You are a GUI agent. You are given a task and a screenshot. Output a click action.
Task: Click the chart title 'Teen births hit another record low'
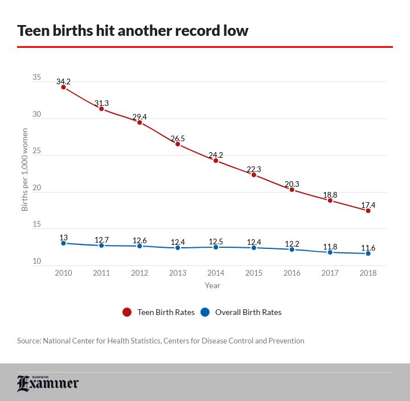(133, 30)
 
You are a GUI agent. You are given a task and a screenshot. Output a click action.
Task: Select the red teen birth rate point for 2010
(63, 87)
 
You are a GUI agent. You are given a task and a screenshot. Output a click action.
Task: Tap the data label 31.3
(101, 103)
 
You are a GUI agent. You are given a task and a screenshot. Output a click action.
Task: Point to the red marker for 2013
(178, 144)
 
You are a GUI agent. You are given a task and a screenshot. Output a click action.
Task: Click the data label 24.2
(216, 155)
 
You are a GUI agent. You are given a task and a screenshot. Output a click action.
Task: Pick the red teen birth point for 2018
(368, 211)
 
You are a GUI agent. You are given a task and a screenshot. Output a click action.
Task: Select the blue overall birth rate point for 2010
(63, 243)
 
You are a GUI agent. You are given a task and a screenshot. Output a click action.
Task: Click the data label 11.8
(330, 247)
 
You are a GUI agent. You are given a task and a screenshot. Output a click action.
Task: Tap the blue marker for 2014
(216, 247)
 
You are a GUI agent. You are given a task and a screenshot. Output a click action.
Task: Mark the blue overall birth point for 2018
(368, 253)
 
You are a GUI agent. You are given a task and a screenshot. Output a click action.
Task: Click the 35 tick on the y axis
(36, 77)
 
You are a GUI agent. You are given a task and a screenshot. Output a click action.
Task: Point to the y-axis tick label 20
(36, 188)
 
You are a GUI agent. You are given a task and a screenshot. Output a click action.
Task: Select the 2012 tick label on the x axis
(140, 273)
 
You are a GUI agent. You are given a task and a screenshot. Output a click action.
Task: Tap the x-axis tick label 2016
(292, 273)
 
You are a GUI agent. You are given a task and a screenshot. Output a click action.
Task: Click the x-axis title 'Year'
(212, 285)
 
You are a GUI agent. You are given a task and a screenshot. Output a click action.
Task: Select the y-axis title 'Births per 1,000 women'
(24, 170)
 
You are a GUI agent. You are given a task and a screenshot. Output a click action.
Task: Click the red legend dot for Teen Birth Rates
(127, 312)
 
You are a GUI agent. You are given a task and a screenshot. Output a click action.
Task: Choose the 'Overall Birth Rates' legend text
(248, 312)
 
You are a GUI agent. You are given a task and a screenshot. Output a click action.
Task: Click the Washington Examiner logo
(48, 383)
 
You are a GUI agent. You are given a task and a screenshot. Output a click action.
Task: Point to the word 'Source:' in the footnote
(28, 341)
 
